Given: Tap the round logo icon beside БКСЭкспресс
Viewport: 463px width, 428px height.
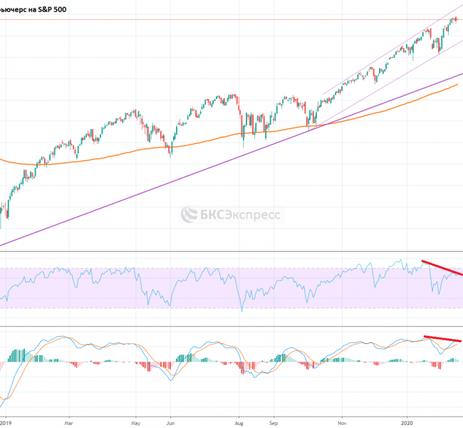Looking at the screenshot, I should click(x=188, y=214).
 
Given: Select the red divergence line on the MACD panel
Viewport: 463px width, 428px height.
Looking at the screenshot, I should click(x=442, y=339).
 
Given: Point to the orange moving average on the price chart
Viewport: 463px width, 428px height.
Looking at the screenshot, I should click(x=214, y=140).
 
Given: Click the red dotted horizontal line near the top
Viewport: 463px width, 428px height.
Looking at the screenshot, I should click(x=214, y=19).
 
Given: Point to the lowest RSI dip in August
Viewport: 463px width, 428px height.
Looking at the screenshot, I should click(x=242, y=311).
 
